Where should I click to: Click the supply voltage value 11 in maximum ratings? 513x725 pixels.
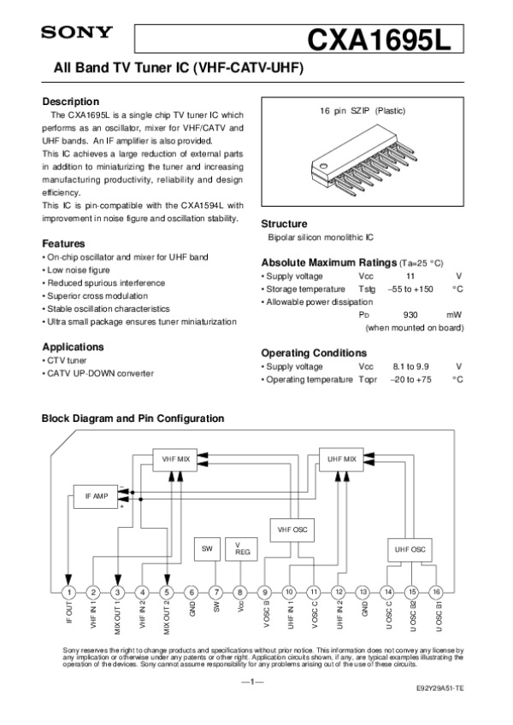(x=410, y=277)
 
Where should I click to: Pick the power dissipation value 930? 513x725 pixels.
(x=410, y=314)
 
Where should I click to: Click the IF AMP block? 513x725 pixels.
(x=96, y=496)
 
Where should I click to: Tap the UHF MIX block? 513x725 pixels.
(x=341, y=459)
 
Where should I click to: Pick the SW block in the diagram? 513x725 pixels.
(x=208, y=549)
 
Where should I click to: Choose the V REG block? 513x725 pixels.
(x=240, y=549)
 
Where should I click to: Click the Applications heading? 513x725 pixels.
(x=73, y=347)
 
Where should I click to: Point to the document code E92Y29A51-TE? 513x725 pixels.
(x=440, y=688)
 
